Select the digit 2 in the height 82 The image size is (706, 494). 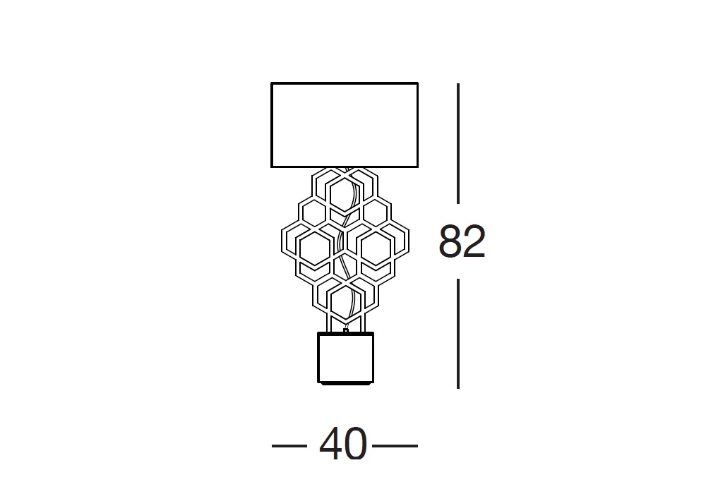click(x=474, y=241)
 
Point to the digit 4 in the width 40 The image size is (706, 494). click(x=331, y=443)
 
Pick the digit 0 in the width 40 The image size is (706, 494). click(x=356, y=444)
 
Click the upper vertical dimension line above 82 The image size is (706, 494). click(x=458, y=143)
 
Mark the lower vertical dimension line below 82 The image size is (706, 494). click(x=458, y=333)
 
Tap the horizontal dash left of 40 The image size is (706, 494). click(x=289, y=446)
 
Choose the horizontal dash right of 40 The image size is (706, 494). click(x=395, y=446)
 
